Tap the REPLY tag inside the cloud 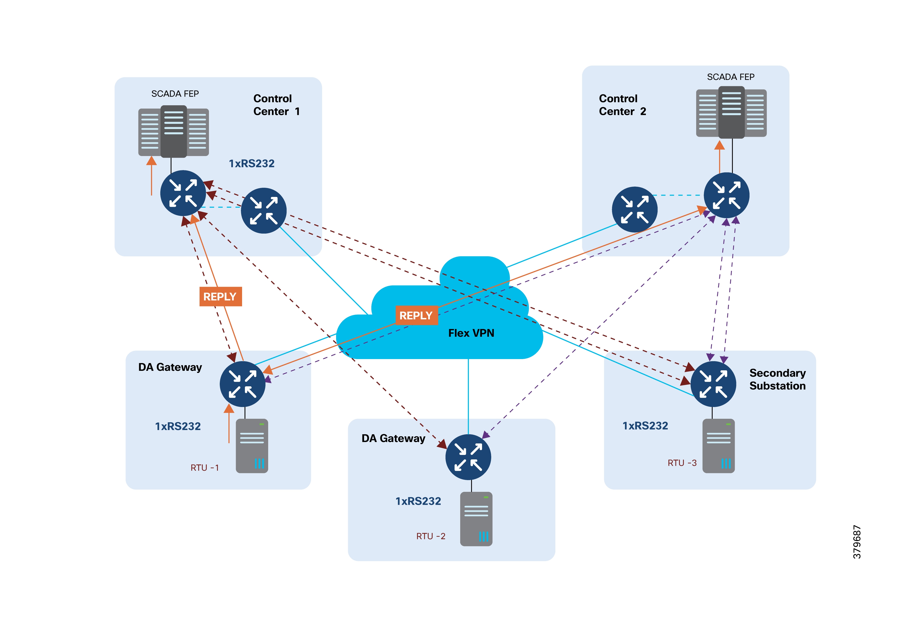click(416, 315)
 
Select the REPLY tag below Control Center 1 click(220, 297)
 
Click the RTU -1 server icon click(252, 446)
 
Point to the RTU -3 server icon click(718, 446)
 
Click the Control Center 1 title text click(276, 105)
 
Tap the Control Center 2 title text click(622, 105)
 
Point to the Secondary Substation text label click(777, 379)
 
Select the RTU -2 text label click(431, 536)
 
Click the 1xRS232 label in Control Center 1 click(252, 163)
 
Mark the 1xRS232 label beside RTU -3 click(645, 426)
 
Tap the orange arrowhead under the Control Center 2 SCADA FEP click(719, 145)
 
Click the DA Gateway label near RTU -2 click(393, 438)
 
